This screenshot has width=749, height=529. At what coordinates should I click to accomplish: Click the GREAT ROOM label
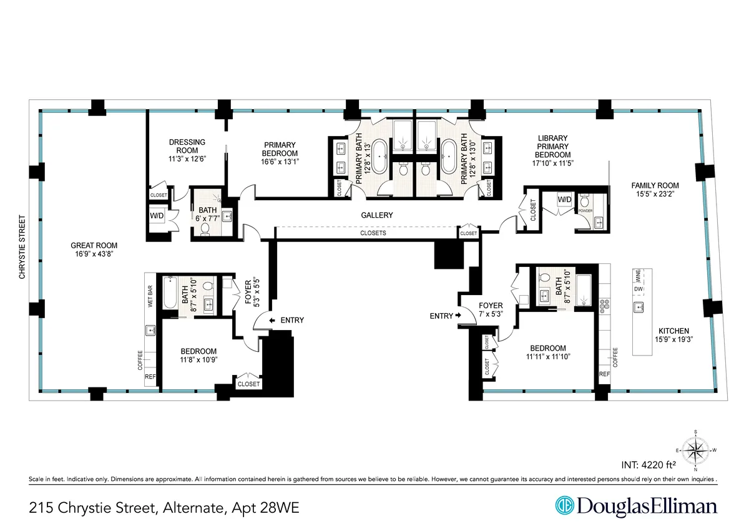[x=94, y=245]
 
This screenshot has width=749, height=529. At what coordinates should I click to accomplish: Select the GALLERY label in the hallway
[x=377, y=215]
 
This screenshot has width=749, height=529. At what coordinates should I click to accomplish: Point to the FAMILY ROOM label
[x=654, y=185]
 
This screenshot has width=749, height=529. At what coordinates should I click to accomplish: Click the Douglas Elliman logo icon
[x=565, y=506]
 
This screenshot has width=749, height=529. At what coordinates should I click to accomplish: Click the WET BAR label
[x=150, y=296]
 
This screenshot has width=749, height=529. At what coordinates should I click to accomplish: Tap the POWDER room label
[x=585, y=211]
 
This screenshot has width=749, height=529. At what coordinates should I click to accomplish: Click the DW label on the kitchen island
[x=637, y=289]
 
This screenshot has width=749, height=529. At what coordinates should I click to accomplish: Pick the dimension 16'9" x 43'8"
[x=94, y=254]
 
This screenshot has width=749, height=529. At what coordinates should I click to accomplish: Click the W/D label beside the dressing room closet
[x=156, y=216]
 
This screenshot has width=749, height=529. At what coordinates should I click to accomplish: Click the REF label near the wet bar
[x=150, y=377]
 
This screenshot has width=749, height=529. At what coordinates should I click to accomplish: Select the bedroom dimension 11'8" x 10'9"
[x=198, y=359]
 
